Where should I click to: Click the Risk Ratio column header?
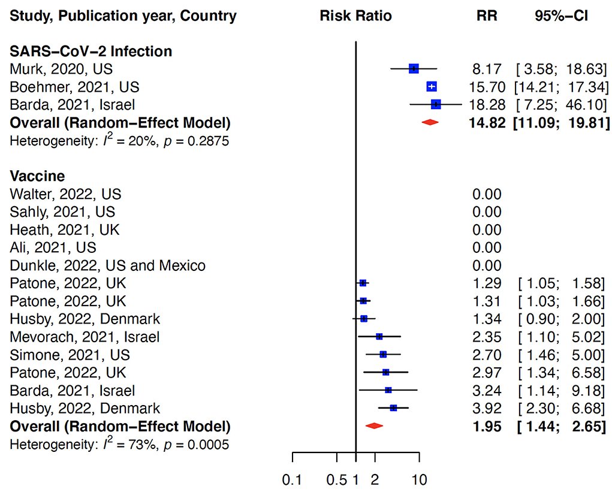pyautogui.click(x=355, y=16)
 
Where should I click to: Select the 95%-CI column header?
pyautogui.click(x=561, y=16)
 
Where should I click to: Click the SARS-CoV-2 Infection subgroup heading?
pyautogui.click(x=91, y=52)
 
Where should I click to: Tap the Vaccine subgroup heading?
pyautogui.click(x=37, y=177)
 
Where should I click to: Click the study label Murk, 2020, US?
pyautogui.click(x=61, y=69)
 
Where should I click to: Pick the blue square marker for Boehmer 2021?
pyautogui.click(x=432, y=87)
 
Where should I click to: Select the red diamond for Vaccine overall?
pyautogui.click(x=374, y=426)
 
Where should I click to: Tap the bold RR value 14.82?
pyautogui.click(x=485, y=123)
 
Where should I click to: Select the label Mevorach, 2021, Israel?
pyautogui.click(x=85, y=337)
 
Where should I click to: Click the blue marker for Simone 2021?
pyautogui.click(x=383, y=355)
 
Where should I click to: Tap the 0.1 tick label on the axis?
pyautogui.click(x=291, y=479)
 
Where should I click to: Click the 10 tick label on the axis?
pyautogui.click(x=420, y=479)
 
